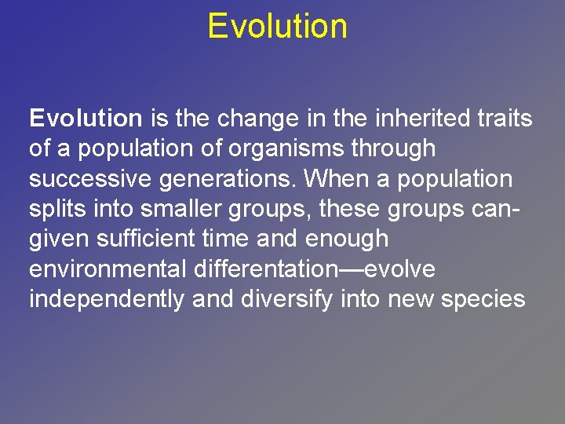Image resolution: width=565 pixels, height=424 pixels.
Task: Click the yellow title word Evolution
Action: pyautogui.click(x=277, y=26)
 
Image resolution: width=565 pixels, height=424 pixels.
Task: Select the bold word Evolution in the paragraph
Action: pyautogui.click(x=86, y=119)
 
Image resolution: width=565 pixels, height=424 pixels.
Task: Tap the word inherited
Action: pyautogui.click(x=418, y=119)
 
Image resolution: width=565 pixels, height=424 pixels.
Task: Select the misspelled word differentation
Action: pyautogui.click(x=262, y=269)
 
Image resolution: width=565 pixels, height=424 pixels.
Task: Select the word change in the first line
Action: pyautogui.click(x=254, y=119)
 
